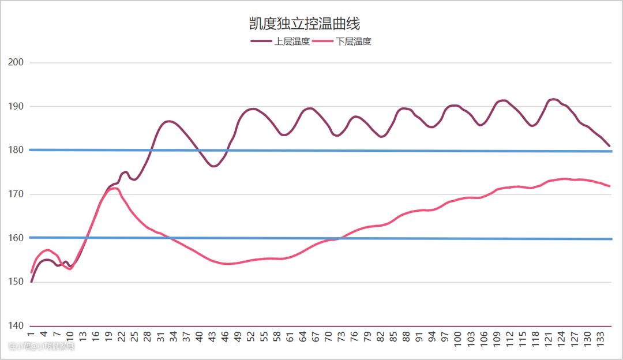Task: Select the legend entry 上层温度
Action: (292, 42)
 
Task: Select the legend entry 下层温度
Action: (354, 42)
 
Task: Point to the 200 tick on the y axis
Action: (16, 62)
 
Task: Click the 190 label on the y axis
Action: (16, 106)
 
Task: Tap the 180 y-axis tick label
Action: (16, 150)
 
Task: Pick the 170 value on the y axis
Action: (16, 194)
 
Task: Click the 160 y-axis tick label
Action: (16, 238)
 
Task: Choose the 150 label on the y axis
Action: (16, 282)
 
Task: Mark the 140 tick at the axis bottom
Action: (16, 326)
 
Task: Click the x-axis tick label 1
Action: (31, 334)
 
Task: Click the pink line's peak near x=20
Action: (114, 188)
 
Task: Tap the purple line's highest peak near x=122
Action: (553, 99)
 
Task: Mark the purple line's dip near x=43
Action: (213, 166)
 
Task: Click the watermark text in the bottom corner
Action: (42, 346)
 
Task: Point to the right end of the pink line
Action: (610, 186)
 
